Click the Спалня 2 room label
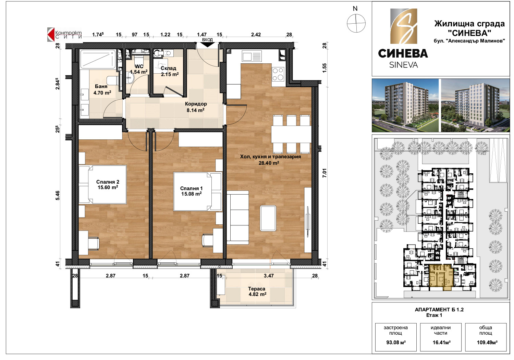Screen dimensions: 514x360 click(108, 185)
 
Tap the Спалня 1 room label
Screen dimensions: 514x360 click(191, 191)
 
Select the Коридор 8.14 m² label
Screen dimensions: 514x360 click(196, 107)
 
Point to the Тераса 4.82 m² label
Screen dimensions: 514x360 click(257, 291)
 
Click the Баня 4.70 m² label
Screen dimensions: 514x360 click(102, 89)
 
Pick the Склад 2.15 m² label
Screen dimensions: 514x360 click(169, 71)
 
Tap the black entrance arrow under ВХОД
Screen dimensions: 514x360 click(207, 45)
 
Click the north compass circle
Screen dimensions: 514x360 click(356, 23)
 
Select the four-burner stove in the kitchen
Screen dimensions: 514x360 click(278, 74)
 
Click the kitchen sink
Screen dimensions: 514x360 click(252, 57)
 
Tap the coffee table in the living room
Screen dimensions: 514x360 click(268, 218)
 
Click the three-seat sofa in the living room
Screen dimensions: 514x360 click(238, 218)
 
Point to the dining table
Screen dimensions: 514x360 click(291, 134)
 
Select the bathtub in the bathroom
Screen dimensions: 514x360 click(98, 59)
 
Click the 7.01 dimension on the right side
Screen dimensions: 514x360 click(324, 173)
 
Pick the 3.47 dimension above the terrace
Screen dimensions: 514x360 click(268, 275)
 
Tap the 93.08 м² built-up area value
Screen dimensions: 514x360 click(396, 343)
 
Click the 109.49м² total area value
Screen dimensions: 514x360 click(487, 343)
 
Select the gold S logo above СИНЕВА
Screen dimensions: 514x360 click(404, 26)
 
